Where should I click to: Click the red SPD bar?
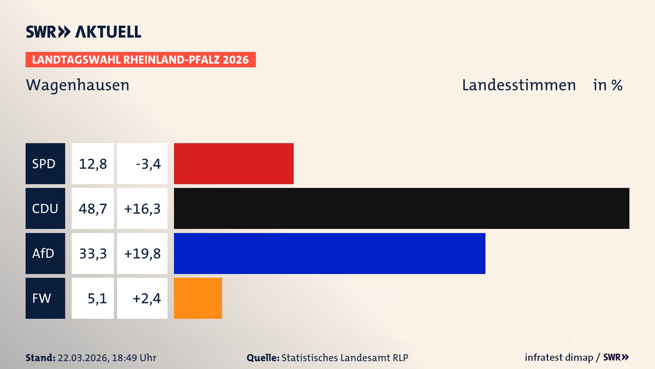[x=234, y=164]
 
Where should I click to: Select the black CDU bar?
[x=402, y=208]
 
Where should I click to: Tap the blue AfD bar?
[x=330, y=254]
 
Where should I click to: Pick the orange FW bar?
[x=198, y=298]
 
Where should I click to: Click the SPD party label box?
[x=45, y=164]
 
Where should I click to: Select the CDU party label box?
[x=45, y=208]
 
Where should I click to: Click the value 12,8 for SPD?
[x=93, y=164]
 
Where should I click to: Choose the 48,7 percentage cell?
[x=93, y=209]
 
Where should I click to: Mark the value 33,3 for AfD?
[x=93, y=254]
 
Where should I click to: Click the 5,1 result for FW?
[x=97, y=299]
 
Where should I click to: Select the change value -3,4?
[x=148, y=164]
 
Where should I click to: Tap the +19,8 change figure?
[x=142, y=254]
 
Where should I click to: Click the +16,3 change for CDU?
[x=142, y=209]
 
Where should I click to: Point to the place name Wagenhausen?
[x=78, y=85]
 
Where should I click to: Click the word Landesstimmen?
[x=519, y=85]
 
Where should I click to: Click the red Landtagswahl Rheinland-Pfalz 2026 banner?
[x=141, y=60]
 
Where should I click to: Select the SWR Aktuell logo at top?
[x=84, y=32]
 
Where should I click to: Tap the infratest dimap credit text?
[x=559, y=357]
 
